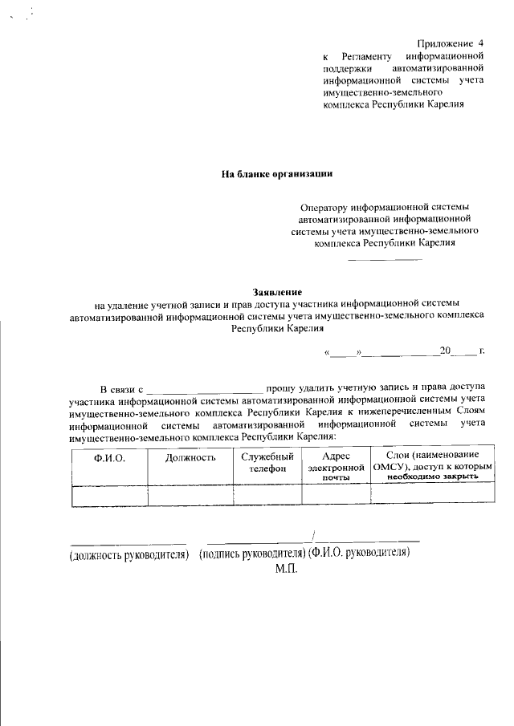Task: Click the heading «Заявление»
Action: tap(277, 291)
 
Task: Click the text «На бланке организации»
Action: tap(276, 173)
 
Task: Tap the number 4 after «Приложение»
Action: tap(481, 43)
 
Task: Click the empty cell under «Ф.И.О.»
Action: tap(109, 496)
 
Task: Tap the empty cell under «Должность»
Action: tap(190, 496)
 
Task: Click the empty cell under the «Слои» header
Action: tap(432, 496)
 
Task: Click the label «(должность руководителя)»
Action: tap(129, 554)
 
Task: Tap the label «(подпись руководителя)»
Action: tap(252, 554)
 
